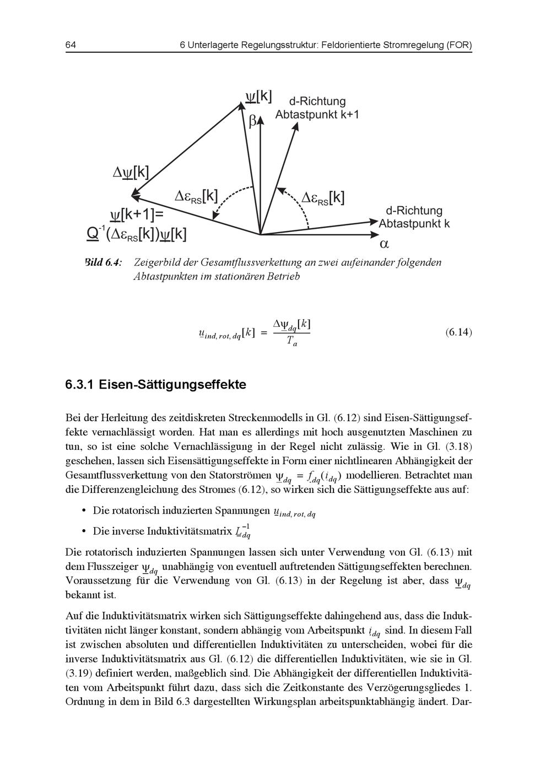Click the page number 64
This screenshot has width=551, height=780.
pyautogui.click(x=71, y=45)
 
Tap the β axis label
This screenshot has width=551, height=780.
pyautogui.click(x=253, y=121)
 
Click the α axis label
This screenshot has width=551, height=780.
pyautogui.click(x=385, y=243)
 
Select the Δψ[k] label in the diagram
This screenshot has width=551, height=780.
pyautogui.click(x=131, y=173)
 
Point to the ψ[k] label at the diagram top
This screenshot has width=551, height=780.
pyautogui.click(x=258, y=96)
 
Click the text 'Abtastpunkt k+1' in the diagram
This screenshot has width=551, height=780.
pyautogui.click(x=317, y=115)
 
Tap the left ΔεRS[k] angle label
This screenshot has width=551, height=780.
pyautogui.click(x=196, y=196)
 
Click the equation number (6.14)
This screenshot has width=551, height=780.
pyautogui.click(x=458, y=332)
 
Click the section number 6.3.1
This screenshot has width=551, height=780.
pyautogui.click(x=79, y=384)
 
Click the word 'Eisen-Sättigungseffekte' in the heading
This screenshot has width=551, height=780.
pyautogui.click(x=172, y=384)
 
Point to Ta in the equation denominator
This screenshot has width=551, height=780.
pyautogui.click(x=291, y=342)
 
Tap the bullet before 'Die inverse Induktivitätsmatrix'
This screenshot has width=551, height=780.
pyautogui.click(x=84, y=531)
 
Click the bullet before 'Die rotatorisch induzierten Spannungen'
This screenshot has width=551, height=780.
pyautogui.click(x=84, y=511)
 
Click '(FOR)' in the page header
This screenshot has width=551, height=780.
pyautogui.click(x=458, y=45)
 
